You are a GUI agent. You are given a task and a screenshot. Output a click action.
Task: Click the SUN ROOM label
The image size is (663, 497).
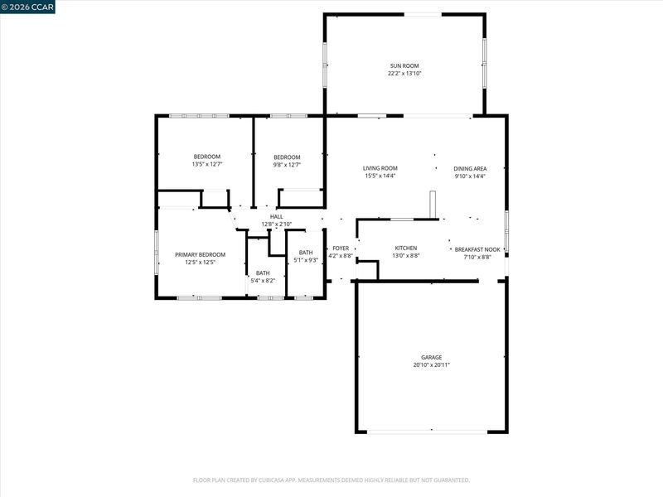(x=404, y=66)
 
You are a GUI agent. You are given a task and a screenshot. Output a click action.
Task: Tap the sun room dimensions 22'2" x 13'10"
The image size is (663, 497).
(x=404, y=74)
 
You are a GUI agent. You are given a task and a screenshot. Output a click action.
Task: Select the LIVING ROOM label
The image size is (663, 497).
(x=380, y=168)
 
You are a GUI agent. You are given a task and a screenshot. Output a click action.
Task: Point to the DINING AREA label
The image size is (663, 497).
(x=470, y=169)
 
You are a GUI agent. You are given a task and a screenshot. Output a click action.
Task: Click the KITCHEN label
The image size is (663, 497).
(x=406, y=248)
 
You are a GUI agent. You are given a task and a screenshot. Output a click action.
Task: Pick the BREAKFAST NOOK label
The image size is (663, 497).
(x=477, y=250)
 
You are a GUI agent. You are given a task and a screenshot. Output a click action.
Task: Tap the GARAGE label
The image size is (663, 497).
(x=431, y=357)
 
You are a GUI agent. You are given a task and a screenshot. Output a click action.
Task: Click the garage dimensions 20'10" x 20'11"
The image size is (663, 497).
(x=431, y=364)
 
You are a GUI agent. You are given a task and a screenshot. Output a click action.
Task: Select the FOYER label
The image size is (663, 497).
(x=341, y=248)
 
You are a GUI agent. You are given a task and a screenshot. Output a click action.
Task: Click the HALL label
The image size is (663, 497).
(x=277, y=217)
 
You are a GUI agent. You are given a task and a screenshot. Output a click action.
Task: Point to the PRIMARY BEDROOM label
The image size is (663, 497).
(x=200, y=255)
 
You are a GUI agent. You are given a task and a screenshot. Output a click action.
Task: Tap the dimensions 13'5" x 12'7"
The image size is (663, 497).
(x=207, y=164)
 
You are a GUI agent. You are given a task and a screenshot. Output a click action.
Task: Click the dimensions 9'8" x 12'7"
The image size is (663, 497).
(x=287, y=165)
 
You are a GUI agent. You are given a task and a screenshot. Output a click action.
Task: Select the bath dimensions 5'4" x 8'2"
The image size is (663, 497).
(x=263, y=281)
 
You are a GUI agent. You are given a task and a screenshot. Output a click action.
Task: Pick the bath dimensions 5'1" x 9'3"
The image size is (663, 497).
(x=306, y=260)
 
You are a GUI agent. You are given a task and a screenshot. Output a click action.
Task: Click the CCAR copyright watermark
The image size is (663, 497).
(x=27, y=7)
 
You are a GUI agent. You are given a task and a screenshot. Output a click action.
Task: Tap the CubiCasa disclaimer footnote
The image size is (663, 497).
(x=331, y=480)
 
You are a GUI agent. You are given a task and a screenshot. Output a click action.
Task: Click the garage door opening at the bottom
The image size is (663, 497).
(x=427, y=432)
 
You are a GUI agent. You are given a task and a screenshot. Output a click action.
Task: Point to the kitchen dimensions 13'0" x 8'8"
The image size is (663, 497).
(x=406, y=256)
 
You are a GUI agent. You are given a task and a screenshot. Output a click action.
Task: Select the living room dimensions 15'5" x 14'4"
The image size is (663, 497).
(x=380, y=176)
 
